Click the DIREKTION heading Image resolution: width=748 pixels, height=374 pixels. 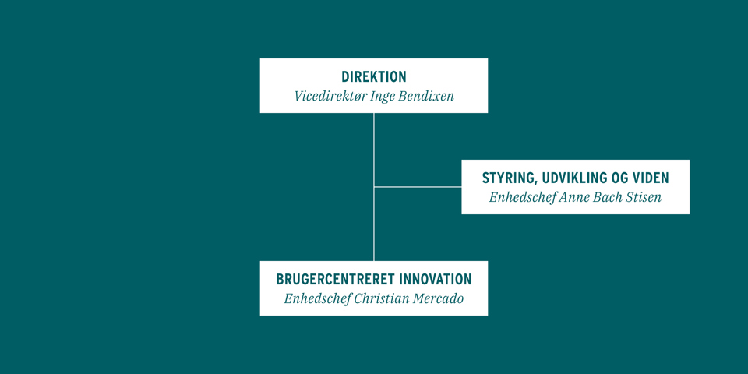click(x=374, y=77)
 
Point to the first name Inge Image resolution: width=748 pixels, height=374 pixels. click(x=383, y=97)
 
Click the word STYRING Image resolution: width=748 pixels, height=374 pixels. click(x=510, y=178)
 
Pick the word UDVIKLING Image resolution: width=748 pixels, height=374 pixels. click(x=578, y=178)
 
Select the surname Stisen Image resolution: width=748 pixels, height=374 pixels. click(x=641, y=198)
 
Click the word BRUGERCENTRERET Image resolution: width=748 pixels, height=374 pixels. click(x=336, y=280)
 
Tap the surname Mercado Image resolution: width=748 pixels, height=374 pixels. click(x=437, y=299)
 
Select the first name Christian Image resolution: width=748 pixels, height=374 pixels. click(x=380, y=299)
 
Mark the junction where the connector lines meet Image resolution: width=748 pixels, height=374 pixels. click(x=374, y=187)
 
